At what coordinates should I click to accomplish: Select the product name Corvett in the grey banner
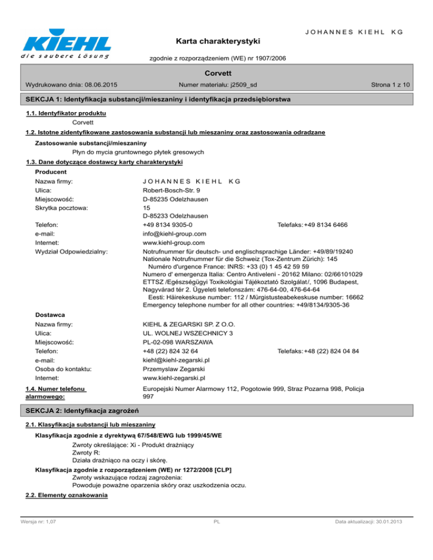pyautogui.click(x=216, y=73)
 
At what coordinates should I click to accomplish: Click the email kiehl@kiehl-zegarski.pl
pyautogui.click(x=176, y=360)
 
